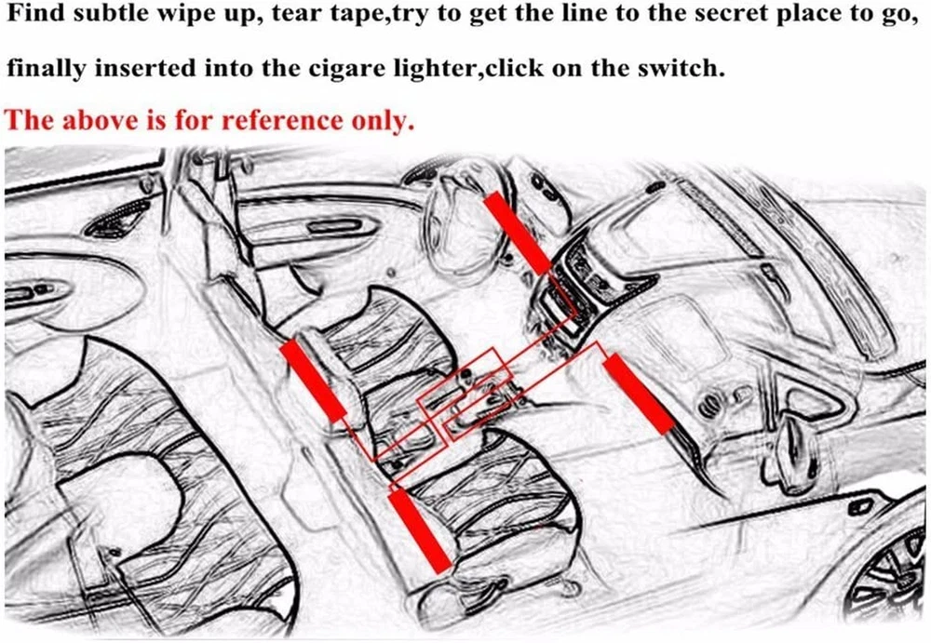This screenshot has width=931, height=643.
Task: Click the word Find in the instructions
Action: (x=35, y=14)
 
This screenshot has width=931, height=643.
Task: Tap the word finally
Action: (x=46, y=68)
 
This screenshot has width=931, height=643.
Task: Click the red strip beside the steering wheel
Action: (x=517, y=234)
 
